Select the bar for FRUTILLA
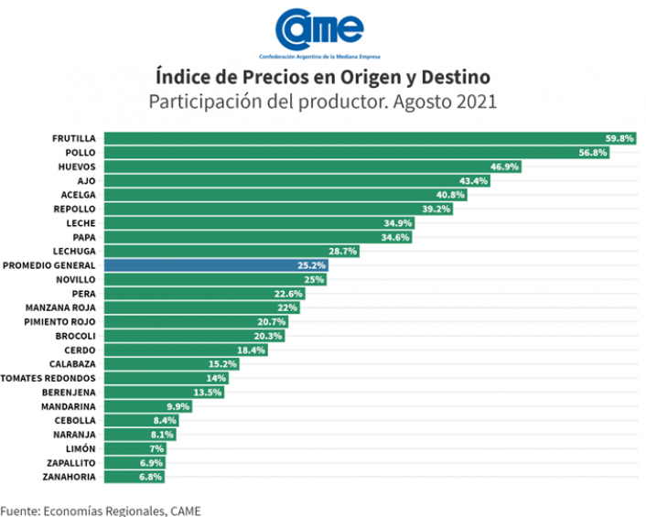(366, 138)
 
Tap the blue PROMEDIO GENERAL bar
(210, 265)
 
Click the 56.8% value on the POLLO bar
(593, 153)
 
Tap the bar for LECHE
(256, 223)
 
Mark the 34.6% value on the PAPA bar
(395, 237)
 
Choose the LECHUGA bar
(229, 251)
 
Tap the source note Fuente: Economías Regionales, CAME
(100, 510)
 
